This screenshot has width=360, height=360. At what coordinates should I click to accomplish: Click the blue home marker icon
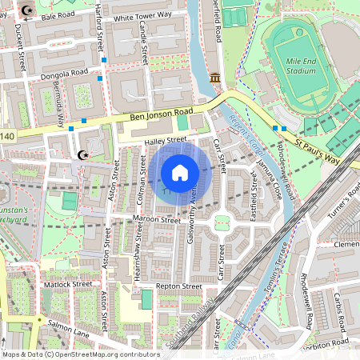[x=180, y=172]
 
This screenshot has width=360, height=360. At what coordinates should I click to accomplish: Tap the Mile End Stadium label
[x=301, y=64]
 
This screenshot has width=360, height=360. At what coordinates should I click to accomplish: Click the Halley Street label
[x=165, y=140]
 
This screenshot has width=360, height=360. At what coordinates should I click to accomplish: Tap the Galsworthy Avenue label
[x=193, y=210]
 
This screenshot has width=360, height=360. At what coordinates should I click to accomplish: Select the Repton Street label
[x=179, y=286]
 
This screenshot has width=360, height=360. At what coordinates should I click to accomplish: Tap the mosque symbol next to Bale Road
[x=29, y=10]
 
